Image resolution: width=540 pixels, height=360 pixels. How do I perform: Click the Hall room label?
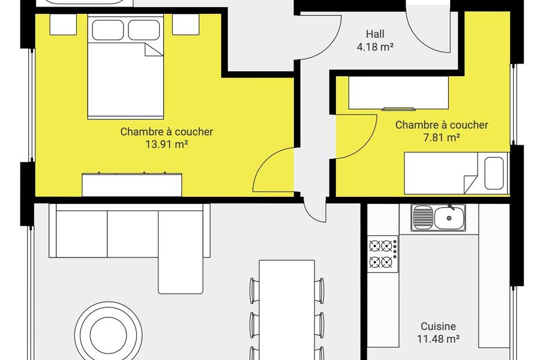click(375, 34)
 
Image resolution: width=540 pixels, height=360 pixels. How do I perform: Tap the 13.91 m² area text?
click(167, 145)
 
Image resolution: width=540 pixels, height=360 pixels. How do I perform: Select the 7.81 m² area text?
click(442, 138)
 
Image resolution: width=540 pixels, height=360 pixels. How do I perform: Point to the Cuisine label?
click(439, 326)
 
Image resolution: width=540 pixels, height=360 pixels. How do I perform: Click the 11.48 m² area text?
click(439, 339)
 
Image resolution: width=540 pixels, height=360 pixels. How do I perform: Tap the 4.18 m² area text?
click(375, 47)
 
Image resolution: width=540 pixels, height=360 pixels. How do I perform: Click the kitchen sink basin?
click(449, 218)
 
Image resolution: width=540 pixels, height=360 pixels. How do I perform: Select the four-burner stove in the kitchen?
click(383, 254)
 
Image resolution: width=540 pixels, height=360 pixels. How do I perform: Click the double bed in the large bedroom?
click(125, 67)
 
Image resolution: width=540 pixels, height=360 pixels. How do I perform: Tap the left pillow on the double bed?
click(107, 30)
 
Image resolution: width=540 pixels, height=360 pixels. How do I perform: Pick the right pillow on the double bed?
click(144, 30)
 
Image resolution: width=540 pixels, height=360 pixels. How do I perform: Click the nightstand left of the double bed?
click(63, 25)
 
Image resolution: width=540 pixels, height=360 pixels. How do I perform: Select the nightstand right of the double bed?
click(185, 25)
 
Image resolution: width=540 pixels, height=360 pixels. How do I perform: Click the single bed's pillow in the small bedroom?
click(494, 173)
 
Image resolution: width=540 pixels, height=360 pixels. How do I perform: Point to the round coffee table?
click(109, 335)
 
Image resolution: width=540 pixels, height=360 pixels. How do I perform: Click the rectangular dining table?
click(287, 310)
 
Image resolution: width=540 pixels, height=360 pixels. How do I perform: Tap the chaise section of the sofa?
click(181, 252)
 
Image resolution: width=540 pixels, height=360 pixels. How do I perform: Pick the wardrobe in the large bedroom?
click(132, 185)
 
